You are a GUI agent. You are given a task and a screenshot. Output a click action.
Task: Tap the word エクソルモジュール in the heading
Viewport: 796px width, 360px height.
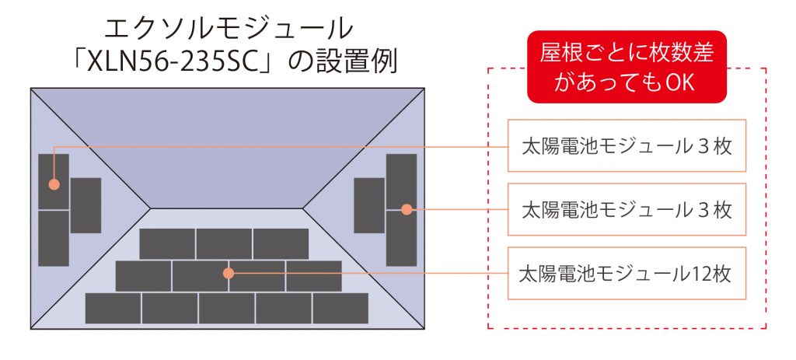coord(228,29)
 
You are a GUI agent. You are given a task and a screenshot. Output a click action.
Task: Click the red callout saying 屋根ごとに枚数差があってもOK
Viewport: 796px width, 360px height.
coord(627,67)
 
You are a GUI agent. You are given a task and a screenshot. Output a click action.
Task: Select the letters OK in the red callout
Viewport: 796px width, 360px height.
coord(679,82)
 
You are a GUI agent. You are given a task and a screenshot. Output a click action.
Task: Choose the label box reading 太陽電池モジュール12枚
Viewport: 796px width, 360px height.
coord(627,273)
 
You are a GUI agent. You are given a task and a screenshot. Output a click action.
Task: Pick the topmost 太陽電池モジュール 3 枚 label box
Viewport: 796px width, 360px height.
coord(627,145)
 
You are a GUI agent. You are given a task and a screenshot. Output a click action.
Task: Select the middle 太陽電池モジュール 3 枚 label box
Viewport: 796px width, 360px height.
coord(627,209)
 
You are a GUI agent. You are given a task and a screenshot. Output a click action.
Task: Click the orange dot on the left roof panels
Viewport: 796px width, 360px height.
coord(54,184)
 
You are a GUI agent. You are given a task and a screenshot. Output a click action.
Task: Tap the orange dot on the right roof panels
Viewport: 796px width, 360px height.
coord(407,209)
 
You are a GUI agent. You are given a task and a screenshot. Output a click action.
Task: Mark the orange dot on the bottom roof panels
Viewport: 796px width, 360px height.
coord(229,273)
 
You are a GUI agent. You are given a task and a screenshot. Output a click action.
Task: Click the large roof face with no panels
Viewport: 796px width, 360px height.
coord(227,147)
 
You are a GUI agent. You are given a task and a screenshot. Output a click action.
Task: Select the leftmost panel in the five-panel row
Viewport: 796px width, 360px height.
coord(113,308)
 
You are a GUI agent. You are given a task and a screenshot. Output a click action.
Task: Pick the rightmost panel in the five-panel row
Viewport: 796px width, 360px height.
coord(340,308)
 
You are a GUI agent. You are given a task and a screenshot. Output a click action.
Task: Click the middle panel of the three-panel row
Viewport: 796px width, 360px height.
coord(224,243)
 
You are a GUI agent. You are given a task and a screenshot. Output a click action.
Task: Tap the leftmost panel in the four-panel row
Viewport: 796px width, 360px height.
coord(143,276)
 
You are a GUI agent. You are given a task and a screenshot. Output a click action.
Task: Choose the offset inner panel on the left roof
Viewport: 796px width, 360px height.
coord(86,205)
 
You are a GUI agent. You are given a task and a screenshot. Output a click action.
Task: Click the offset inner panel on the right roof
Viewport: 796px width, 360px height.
coord(369,205)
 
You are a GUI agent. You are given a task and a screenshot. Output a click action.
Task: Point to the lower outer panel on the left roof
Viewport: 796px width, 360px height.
coord(54,238)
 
